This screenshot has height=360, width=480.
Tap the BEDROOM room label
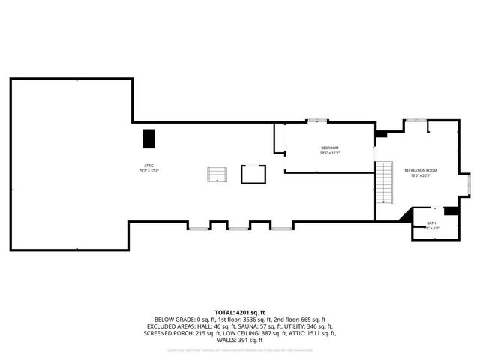pyautogui.click(x=330, y=148)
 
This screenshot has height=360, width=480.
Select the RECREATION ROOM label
pyautogui.click(x=421, y=171)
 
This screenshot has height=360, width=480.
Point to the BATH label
pyautogui.click(x=431, y=223)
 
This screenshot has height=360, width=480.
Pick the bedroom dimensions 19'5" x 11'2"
pyautogui.click(x=330, y=154)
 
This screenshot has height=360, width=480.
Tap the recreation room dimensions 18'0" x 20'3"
pyautogui.click(x=421, y=177)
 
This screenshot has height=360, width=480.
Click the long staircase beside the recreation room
pyautogui.click(x=385, y=181)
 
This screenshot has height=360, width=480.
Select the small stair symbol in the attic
pyautogui.click(x=217, y=175)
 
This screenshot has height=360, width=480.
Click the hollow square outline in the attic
pyautogui.click(x=253, y=174)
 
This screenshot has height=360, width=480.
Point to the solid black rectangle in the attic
pyautogui.click(x=148, y=139)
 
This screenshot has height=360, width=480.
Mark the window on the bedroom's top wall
pyautogui.click(x=317, y=121)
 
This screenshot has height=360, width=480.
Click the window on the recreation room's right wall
pyautogui.click(x=469, y=181)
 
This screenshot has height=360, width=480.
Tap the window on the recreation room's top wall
pyautogui.click(x=416, y=120)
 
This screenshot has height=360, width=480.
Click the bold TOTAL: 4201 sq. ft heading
pyautogui.click(x=240, y=311)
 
